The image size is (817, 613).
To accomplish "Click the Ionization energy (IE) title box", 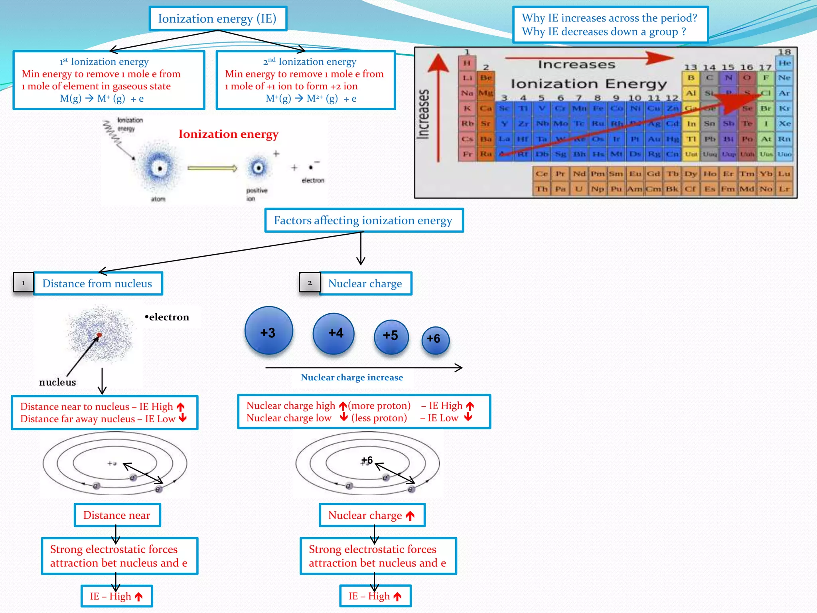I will [217, 19].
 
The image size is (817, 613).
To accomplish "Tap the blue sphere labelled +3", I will [268, 331].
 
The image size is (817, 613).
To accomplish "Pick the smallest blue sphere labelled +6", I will [435, 340].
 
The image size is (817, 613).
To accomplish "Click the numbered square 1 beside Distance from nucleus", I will [23, 283].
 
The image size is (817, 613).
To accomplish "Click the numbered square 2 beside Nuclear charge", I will [310, 283].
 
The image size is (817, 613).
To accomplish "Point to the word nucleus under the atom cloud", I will [57, 382].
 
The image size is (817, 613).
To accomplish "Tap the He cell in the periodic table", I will [784, 63].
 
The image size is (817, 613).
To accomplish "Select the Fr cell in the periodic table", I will [467, 154].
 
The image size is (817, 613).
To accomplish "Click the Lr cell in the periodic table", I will [784, 189].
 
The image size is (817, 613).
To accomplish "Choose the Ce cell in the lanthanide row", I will [542, 174].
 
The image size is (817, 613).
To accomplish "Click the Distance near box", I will [117, 515].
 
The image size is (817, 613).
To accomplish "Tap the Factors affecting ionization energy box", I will [363, 220].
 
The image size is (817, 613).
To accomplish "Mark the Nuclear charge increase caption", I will [352, 378].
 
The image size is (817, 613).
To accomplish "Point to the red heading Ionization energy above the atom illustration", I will [228, 134].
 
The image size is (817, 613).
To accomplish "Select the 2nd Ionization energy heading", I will [310, 61].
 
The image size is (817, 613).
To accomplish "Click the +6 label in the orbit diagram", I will [367, 460].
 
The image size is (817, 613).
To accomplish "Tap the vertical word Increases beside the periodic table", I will [424, 114].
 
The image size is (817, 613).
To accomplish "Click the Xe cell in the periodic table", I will [784, 124].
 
